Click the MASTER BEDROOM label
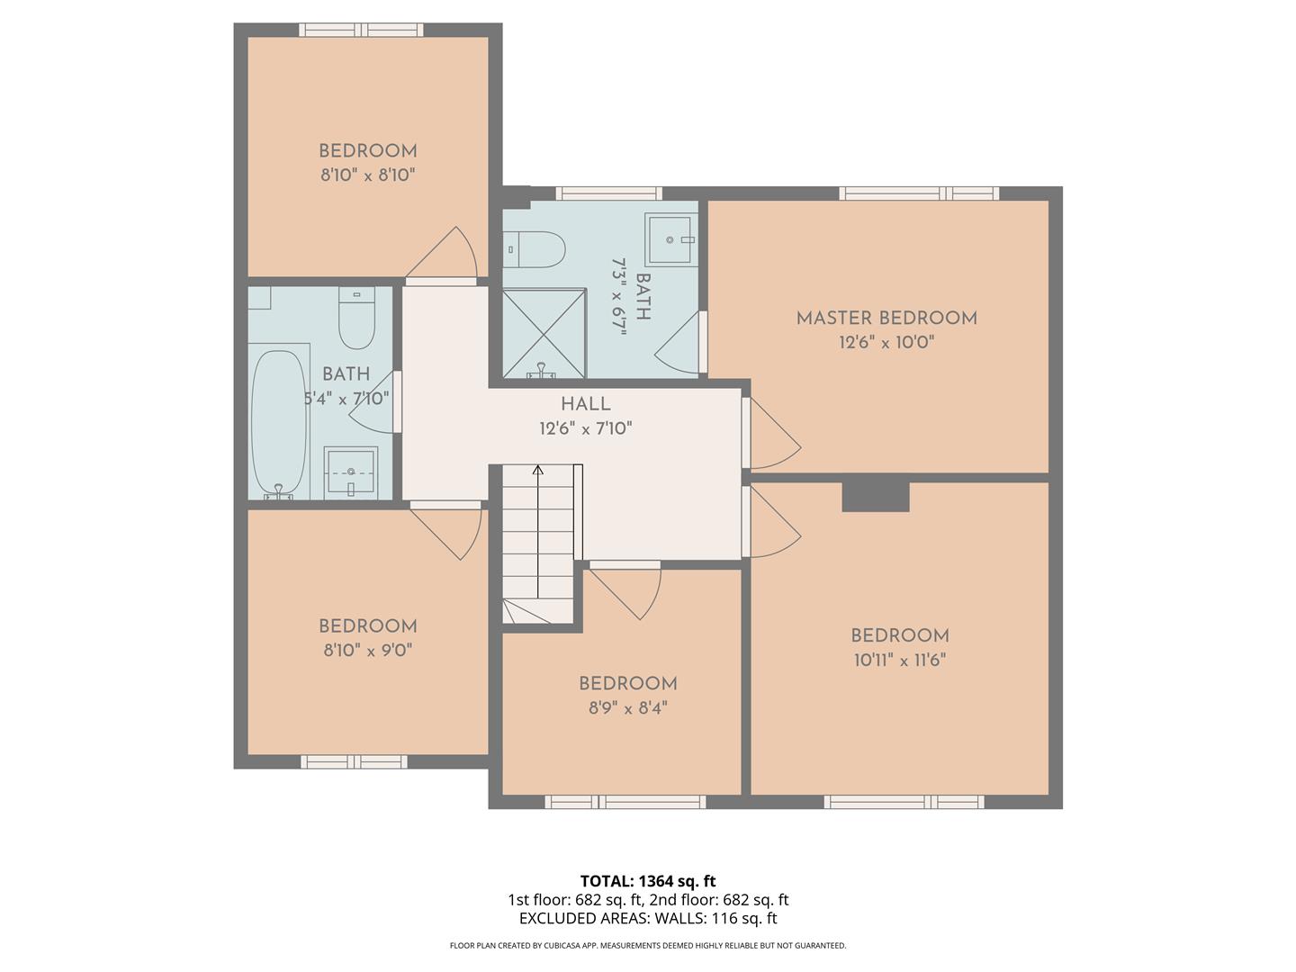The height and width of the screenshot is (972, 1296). click(886, 318)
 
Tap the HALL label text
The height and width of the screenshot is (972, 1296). click(585, 404)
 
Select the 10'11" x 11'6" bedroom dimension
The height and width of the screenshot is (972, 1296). click(899, 660)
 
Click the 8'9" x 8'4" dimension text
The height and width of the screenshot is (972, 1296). click(627, 708)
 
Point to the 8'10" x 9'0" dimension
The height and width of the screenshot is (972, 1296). click(368, 650)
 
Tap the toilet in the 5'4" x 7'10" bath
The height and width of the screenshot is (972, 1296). click(356, 319)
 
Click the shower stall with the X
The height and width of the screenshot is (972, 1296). click(544, 332)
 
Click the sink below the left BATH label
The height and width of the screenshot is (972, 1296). click(351, 471)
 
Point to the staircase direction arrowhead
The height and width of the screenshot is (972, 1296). click(537, 469)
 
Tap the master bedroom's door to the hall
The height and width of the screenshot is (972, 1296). click(770, 435)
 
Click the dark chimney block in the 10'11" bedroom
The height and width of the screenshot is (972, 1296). click(875, 497)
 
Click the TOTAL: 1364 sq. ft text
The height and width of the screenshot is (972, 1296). click(648, 881)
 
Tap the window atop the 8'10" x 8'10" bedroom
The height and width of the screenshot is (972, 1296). click(361, 30)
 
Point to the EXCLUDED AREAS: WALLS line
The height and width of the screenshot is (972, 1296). click(648, 919)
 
